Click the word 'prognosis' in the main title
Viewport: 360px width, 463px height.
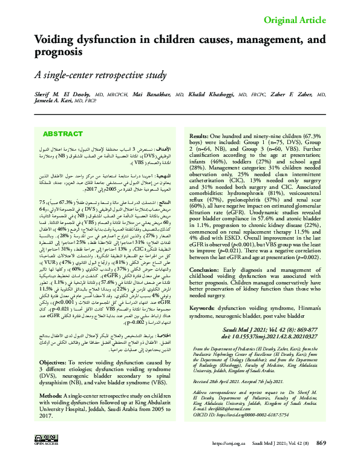[61, 52]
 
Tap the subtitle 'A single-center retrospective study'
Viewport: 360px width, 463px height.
[100, 76]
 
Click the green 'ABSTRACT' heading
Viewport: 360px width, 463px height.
[63, 134]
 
